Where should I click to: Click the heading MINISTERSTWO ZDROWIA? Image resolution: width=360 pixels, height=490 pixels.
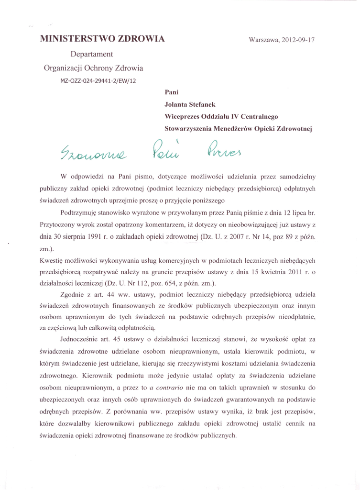(x=102, y=39)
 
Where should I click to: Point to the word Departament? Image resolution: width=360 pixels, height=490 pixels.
(x=92, y=54)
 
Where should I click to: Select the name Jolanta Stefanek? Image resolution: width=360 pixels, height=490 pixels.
(x=190, y=103)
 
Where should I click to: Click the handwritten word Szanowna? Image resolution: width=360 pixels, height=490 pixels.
(x=98, y=153)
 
